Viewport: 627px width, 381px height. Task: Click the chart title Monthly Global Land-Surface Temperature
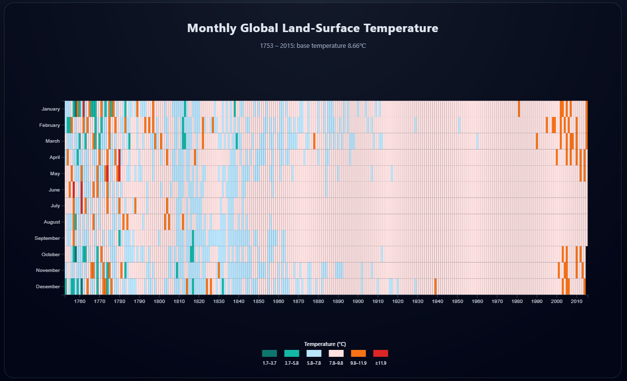coord(313,28)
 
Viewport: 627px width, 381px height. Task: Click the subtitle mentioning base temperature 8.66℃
coord(313,46)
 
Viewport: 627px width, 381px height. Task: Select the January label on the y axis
coord(50,109)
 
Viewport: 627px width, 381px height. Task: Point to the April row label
coord(54,157)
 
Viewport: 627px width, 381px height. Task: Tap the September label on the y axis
coord(47,238)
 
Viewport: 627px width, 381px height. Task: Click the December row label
coord(48,287)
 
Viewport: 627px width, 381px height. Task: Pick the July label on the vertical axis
coord(55,206)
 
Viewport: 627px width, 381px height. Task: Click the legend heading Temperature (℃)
coord(325,344)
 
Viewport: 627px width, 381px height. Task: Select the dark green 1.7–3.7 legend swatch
coord(269,353)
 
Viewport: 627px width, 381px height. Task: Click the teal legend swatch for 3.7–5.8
coord(292,353)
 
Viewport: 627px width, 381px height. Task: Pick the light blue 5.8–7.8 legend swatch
coord(314,353)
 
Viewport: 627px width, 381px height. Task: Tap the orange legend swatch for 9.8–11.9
coord(358,353)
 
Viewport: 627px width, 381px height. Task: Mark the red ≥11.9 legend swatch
coord(380,353)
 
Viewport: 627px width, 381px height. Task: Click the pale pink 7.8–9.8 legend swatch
coord(336,353)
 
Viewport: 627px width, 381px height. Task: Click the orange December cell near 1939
coord(435,286)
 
